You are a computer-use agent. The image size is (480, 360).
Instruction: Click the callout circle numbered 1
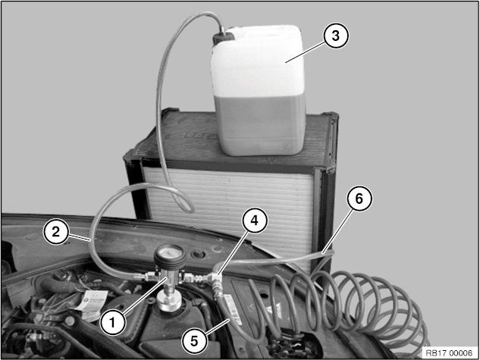click(x=113, y=322)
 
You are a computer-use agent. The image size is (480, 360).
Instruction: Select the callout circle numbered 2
click(x=55, y=232)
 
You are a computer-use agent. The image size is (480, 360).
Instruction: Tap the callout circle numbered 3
click(x=336, y=36)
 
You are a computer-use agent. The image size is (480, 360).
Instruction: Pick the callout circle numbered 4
click(x=254, y=221)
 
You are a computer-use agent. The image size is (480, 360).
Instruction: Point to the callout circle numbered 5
click(x=194, y=341)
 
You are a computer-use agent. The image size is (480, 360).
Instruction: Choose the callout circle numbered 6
click(x=359, y=199)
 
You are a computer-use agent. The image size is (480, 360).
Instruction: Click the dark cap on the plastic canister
click(x=223, y=38)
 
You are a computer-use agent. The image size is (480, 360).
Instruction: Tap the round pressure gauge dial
click(x=170, y=257)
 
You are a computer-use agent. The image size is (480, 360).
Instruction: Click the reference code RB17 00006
click(x=449, y=353)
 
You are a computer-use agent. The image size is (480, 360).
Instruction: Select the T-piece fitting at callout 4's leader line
click(x=216, y=279)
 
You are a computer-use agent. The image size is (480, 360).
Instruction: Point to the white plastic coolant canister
click(x=259, y=90)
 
